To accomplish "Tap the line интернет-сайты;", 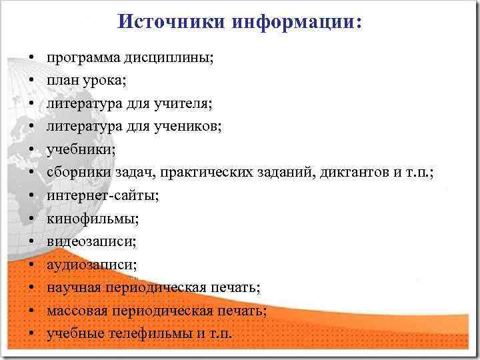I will click(x=103, y=195).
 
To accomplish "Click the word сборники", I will click(x=73, y=173).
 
